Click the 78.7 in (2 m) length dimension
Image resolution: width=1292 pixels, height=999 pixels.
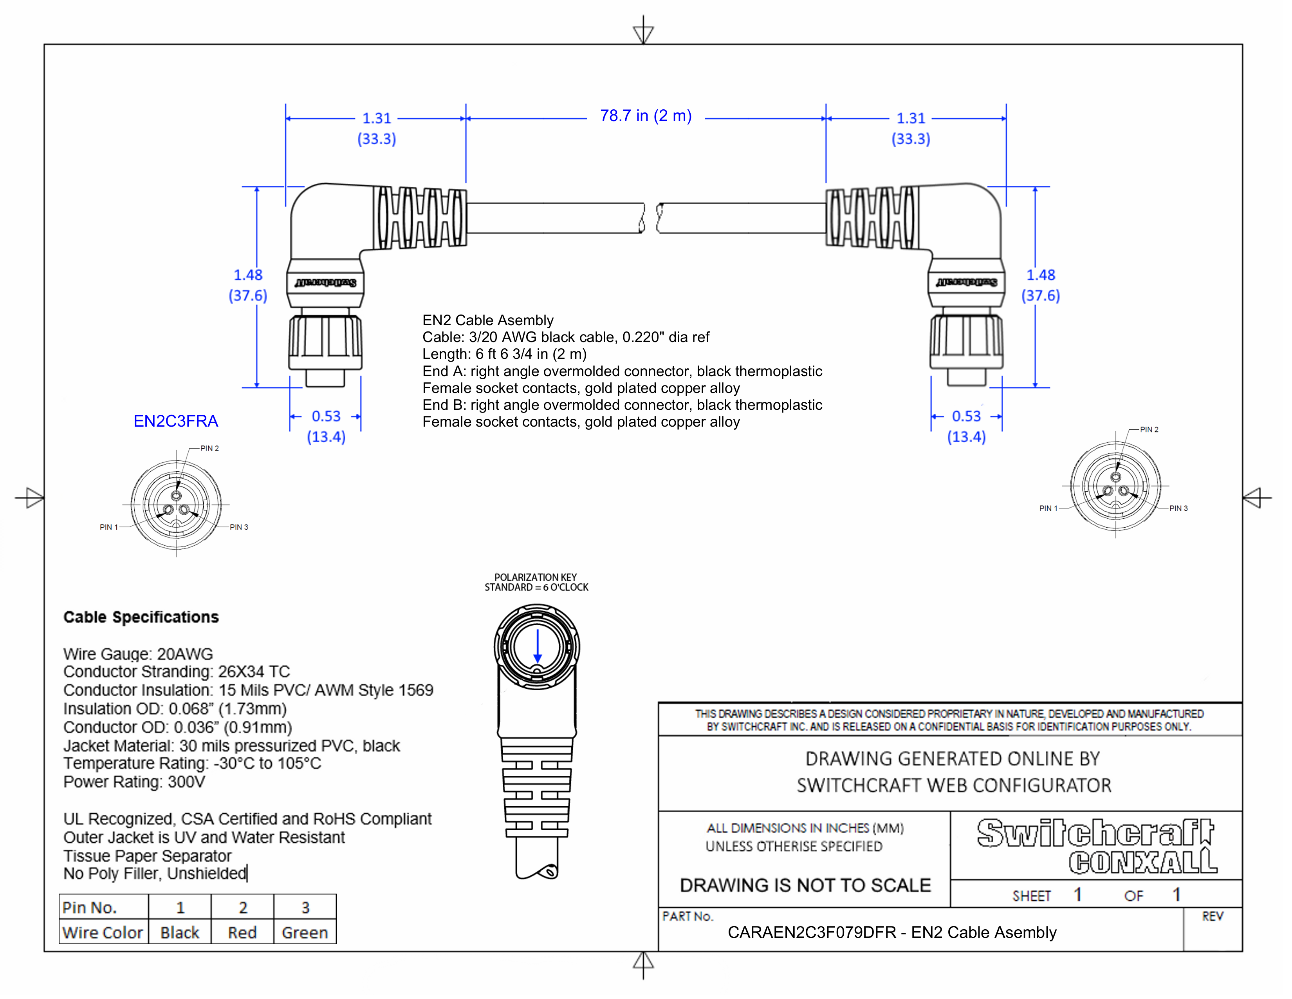(x=645, y=116)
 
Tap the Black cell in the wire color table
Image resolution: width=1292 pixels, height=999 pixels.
(x=180, y=933)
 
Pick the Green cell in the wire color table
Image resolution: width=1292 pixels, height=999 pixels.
(x=305, y=933)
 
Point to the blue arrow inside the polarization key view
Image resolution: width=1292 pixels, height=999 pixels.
(x=537, y=646)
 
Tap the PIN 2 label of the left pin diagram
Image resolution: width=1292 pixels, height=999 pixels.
(x=209, y=448)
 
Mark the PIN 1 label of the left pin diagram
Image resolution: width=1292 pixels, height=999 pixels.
(x=109, y=527)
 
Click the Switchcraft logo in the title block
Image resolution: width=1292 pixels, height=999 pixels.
(x=1095, y=833)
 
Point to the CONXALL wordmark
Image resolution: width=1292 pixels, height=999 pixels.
(x=1143, y=862)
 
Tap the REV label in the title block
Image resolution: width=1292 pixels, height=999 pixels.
(x=1212, y=916)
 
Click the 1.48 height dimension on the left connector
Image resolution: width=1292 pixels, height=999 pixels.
(x=248, y=275)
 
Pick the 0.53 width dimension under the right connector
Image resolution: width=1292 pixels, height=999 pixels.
(x=966, y=416)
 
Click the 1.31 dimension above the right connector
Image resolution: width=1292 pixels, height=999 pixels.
(x=910, y=118)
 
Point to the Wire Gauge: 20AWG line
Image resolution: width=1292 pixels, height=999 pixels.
(x=138, y=653)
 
